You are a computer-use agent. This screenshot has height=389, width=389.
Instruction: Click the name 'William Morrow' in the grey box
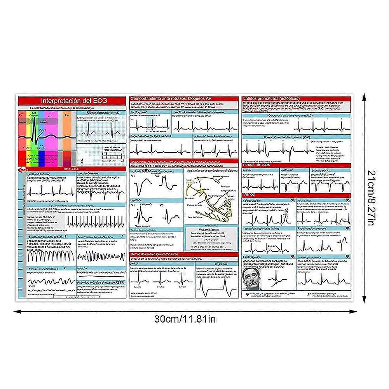coord(212,230)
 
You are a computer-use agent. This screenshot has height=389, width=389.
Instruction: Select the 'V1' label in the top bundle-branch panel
coord(133,176)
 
